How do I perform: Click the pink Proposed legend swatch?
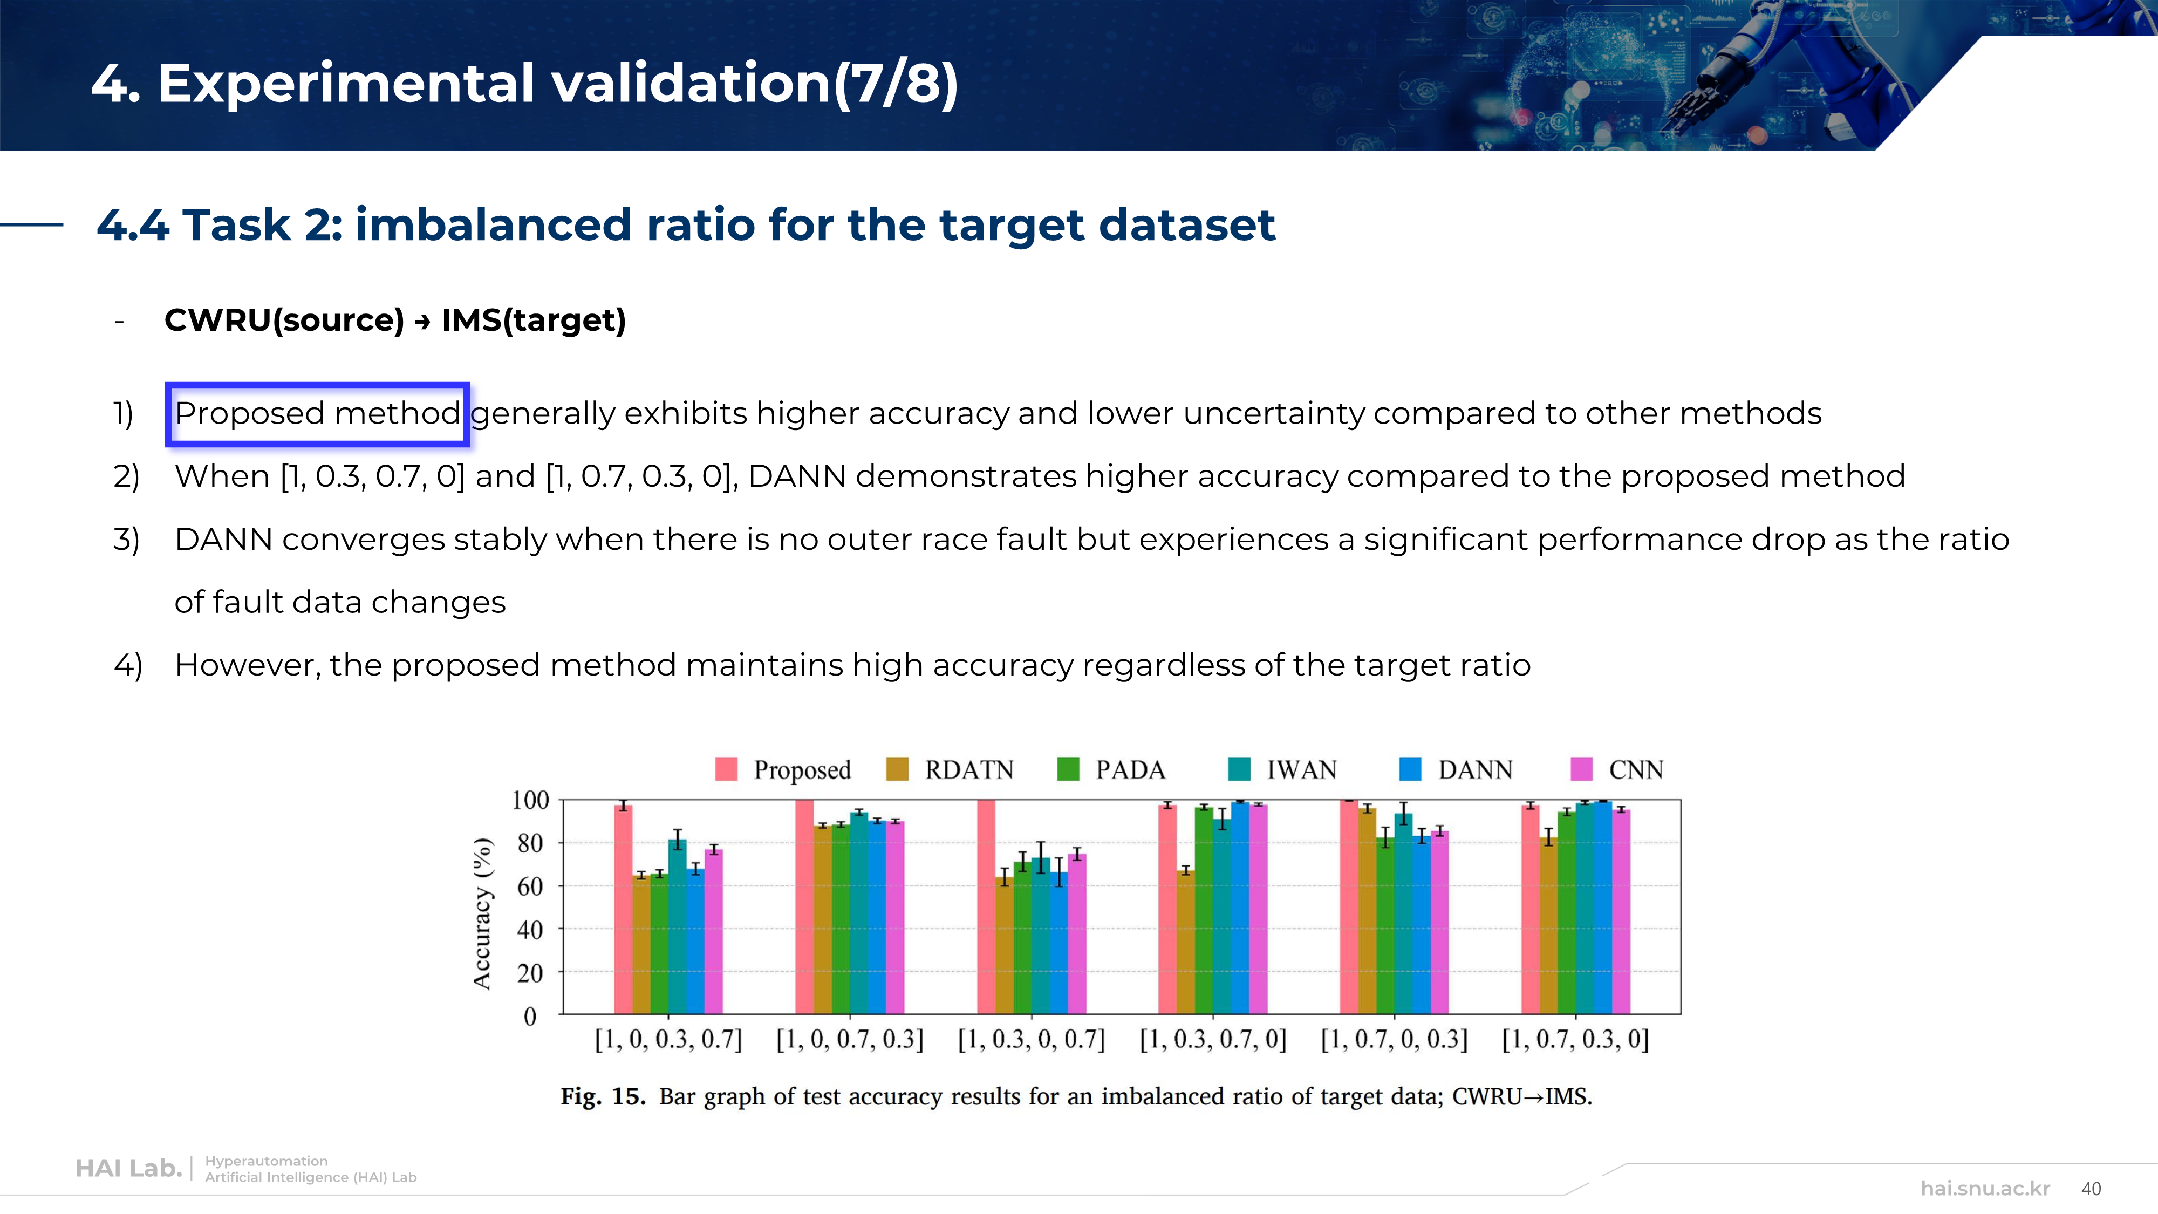pos(726,769)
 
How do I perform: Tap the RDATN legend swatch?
pos(897,769)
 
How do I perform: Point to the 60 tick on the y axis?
pos(529,886)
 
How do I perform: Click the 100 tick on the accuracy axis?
pos(529,800)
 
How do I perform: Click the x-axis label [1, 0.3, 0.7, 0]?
pos(1212,1040)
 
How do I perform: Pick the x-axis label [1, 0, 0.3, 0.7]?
pos(668,1040)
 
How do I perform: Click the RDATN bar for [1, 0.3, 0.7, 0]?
pos(1185,943)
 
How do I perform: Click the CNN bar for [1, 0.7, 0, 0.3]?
pos(1439,922)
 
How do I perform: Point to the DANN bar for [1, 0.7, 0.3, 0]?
pos(1602,908)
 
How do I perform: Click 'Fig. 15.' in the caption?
pos(602,1097)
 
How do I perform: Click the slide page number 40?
pos(2091,1189)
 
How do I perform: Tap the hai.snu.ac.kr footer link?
pos(1985,1189)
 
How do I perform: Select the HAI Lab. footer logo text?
pos(128,1169)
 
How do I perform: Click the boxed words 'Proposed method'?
pos(318,414)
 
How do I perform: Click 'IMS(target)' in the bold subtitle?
pos(534,320)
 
